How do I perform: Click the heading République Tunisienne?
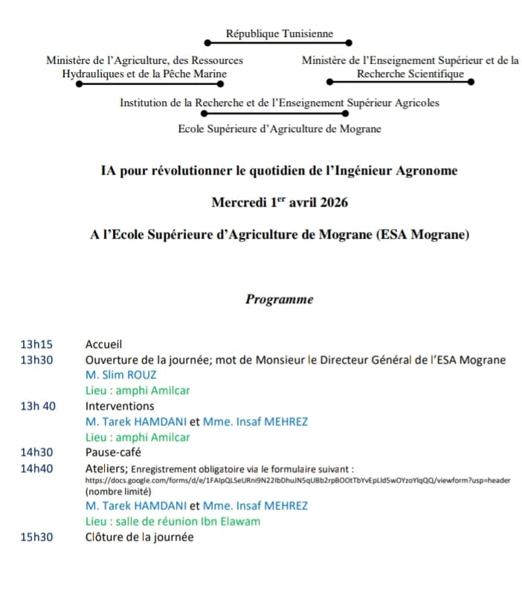(280, 33)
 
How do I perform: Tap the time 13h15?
(37, 344)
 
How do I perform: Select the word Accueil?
(103, 344)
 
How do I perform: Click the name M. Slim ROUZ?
(121, 375)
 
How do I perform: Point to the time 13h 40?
(38, 406)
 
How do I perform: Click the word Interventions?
(120, 406)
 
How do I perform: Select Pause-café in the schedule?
(113, 452)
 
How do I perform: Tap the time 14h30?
(37, 452)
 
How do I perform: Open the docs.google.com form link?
(297, 480)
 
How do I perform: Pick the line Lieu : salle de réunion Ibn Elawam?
(173, 521)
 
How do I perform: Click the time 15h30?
(37, 537)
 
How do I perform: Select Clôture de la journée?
(139, 537)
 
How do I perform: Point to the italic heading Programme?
(279, 300)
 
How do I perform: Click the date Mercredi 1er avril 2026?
(279, 202)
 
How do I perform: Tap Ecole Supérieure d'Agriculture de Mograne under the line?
(280, 129)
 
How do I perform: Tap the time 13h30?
(37, 360)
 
